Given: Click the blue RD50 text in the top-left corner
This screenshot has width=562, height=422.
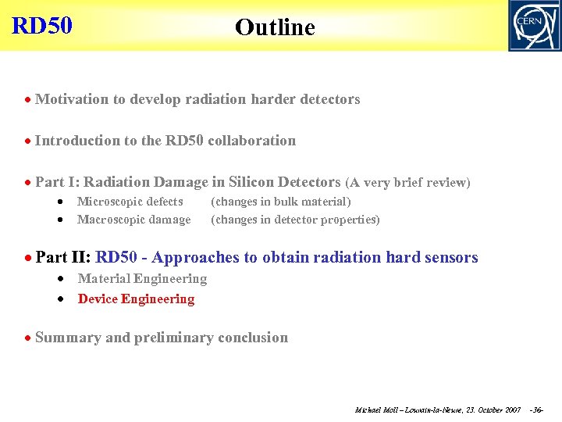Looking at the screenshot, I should point(42,25).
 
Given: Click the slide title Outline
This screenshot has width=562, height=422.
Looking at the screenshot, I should point(275,27).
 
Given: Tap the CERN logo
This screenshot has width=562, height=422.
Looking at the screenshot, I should point(534,25).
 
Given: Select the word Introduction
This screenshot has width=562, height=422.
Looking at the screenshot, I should point(77,141).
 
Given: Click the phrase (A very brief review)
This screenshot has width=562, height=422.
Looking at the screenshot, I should point(407,183).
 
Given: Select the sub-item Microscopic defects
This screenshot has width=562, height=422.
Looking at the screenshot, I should point(130,202).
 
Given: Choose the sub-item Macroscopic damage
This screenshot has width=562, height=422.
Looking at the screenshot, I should point(133,220).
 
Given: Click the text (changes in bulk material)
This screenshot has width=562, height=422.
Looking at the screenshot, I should point(281,202).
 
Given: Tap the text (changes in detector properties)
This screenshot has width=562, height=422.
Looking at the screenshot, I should point(295,220).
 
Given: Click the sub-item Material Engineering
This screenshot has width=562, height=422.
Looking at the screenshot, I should point(142,279).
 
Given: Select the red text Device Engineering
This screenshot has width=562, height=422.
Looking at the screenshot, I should point(136,299).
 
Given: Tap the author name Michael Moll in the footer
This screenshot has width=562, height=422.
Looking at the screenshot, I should point(378,410).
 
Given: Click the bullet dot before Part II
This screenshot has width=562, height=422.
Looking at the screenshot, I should point(27,258).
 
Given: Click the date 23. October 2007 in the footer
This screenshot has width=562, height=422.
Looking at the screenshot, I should point(492,410).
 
